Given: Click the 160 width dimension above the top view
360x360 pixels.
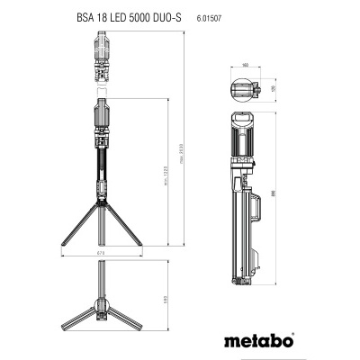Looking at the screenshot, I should (246, 66).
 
